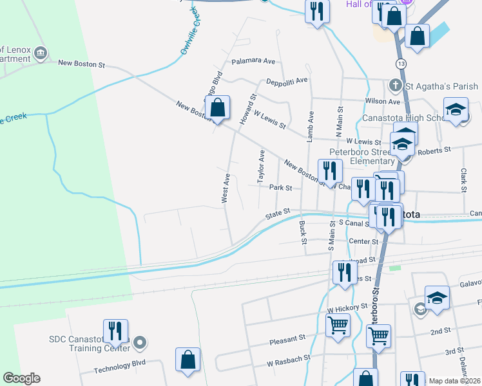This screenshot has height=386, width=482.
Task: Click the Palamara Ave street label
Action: [254, 61]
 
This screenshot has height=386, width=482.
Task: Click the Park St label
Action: [281, 188]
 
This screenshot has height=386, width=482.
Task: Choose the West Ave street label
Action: [226, 188]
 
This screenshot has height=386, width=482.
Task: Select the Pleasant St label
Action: [287, 338]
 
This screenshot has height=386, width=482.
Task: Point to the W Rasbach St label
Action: [289, 363]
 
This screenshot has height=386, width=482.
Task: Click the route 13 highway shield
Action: [401, 64]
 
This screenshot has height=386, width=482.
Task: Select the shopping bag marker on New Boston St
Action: [218, 107]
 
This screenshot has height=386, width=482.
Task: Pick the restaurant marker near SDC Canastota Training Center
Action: [115, 331]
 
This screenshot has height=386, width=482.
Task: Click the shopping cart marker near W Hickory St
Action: [338, 326]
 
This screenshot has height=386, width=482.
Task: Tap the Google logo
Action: [21, 378]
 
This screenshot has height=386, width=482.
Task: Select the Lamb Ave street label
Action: [311, 125]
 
